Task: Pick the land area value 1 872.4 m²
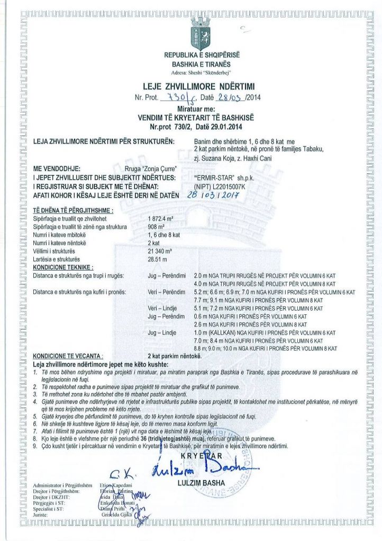pyautogui.click(x=161, y=218)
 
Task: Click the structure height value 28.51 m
pyautogui.click(x=157, y=259)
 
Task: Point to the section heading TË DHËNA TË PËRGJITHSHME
pyautogui.click(x=73, y=210)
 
